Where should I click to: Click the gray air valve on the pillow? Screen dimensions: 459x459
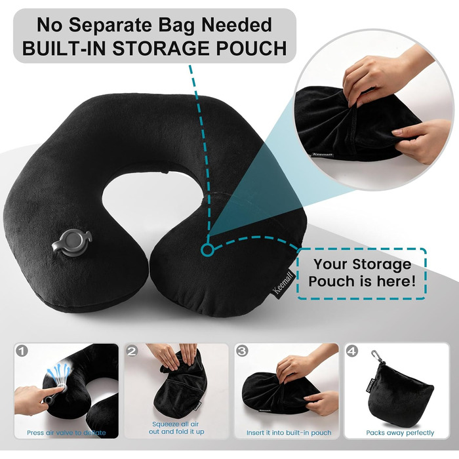[x=72, y=243]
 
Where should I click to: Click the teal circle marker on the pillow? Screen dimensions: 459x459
[x=207, y=250]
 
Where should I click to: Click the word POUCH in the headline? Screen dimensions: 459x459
[x=251, y=48]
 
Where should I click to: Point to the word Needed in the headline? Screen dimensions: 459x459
[x=237, y=25]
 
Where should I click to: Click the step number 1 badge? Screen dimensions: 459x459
[x=22, y=350]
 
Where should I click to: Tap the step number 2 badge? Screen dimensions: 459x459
[x=132, y=350]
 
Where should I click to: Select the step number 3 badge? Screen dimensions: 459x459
[x=242, y=350]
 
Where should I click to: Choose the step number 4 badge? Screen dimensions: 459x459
[x=351, y=350]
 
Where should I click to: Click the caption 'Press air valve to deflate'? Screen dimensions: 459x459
[x=66, y=433]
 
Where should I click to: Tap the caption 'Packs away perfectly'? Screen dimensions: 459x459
[x=400, y=433]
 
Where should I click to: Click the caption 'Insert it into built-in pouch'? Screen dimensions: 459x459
[x=289, y=433]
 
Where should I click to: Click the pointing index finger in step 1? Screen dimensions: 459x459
[x=54, y=391]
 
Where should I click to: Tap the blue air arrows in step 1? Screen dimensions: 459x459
[x=59, y=372]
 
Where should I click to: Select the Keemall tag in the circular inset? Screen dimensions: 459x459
[x=323, y=154]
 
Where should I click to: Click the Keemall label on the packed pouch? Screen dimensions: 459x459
[x=370, y=386]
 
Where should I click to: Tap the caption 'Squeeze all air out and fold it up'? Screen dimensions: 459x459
[x=176, y=428]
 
